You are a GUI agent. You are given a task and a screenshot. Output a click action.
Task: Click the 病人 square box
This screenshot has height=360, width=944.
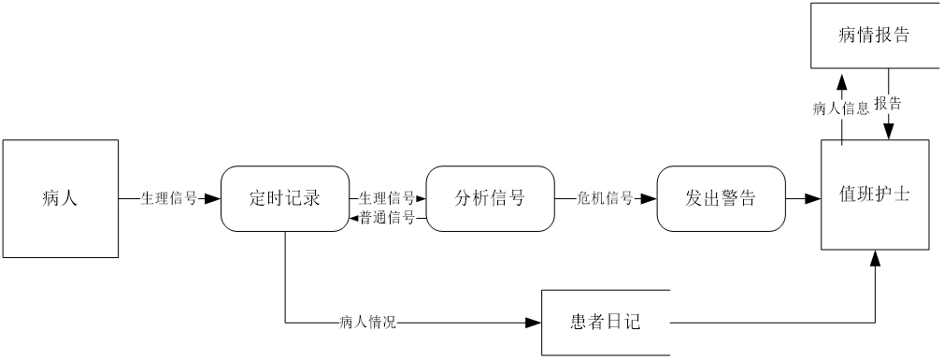click(60, 198)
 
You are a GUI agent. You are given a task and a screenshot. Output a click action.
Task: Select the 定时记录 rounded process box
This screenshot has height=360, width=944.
click(285, 198)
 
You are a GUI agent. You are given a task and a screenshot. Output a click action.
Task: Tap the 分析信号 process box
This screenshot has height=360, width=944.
click(490, 198)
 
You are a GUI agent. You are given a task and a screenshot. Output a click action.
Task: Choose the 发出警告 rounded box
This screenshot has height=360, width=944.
click(721, 198)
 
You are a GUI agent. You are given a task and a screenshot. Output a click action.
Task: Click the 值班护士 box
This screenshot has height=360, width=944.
click(875, 194)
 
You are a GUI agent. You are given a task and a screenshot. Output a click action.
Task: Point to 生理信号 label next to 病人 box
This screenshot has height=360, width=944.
click(169, 198)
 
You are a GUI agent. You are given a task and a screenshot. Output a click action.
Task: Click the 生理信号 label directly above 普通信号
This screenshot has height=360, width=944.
click(387, 198)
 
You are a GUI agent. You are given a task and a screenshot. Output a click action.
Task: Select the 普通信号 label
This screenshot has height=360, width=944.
click(387, 219)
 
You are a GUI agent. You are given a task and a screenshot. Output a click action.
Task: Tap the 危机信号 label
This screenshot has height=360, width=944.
click(605, 198)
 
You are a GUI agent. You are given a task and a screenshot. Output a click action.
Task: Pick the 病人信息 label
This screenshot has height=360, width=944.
click(841, 108)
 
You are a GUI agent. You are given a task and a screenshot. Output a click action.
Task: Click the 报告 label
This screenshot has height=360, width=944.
click(888, 104)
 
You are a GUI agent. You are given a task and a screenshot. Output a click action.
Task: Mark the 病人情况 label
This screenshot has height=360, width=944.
click(367, 324)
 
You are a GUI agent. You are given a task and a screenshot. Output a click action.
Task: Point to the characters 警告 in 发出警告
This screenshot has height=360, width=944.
click(738, 198)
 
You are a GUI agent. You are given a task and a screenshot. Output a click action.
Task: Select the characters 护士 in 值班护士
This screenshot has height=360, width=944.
click(893, 194)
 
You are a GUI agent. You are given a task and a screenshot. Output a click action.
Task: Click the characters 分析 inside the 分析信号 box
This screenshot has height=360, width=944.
click(472, 198)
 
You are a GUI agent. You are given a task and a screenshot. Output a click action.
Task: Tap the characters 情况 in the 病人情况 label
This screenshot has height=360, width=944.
click(382, 324)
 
